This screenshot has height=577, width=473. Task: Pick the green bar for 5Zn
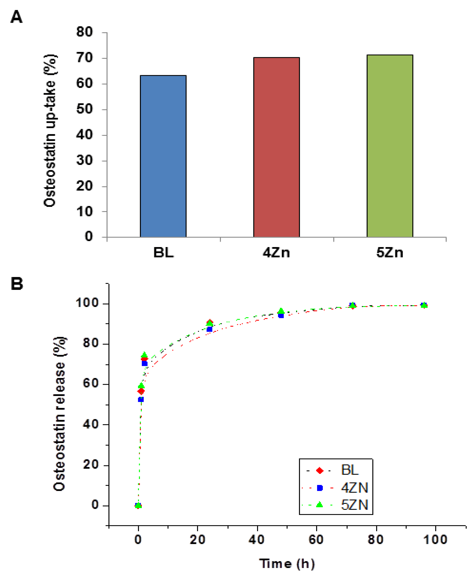coord(390,146)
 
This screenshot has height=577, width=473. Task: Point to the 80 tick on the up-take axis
coord(84,32)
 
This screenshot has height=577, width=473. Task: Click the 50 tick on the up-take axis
coord(84,109)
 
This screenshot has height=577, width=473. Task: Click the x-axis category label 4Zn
coord(276,253)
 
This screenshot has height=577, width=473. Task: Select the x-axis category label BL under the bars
coord(163,253)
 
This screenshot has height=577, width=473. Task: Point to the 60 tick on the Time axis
coord(316,539)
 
